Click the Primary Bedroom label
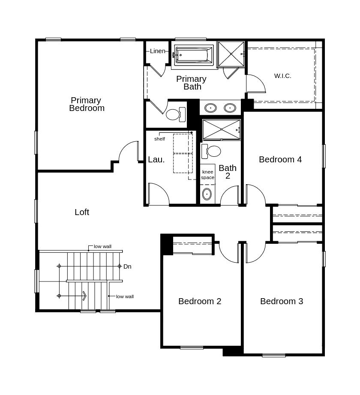click(x=87, y=104)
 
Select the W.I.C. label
click(x=282, y=76)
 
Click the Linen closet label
click(x=157, y=51)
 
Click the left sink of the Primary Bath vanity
click(x=210, y=108)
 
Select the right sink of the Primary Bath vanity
click(x=230, y=108)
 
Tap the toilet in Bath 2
click(x=212, y=151)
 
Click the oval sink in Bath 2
click(x=207, y=194)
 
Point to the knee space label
click(x=207, y=175)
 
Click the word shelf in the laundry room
click(x=159, y=139)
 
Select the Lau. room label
click(x=156, y=159)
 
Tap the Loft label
click(x=82, y=212)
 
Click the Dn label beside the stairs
click(x=127, y=266)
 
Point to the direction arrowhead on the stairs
click(x=84, y=296)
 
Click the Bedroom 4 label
click(x=280, y=159)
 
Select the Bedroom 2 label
click(x=200, y=301)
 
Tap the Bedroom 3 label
click(x=282, y=301)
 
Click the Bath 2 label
click(x=228, y=172)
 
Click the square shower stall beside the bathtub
click(x=231, y=54)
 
